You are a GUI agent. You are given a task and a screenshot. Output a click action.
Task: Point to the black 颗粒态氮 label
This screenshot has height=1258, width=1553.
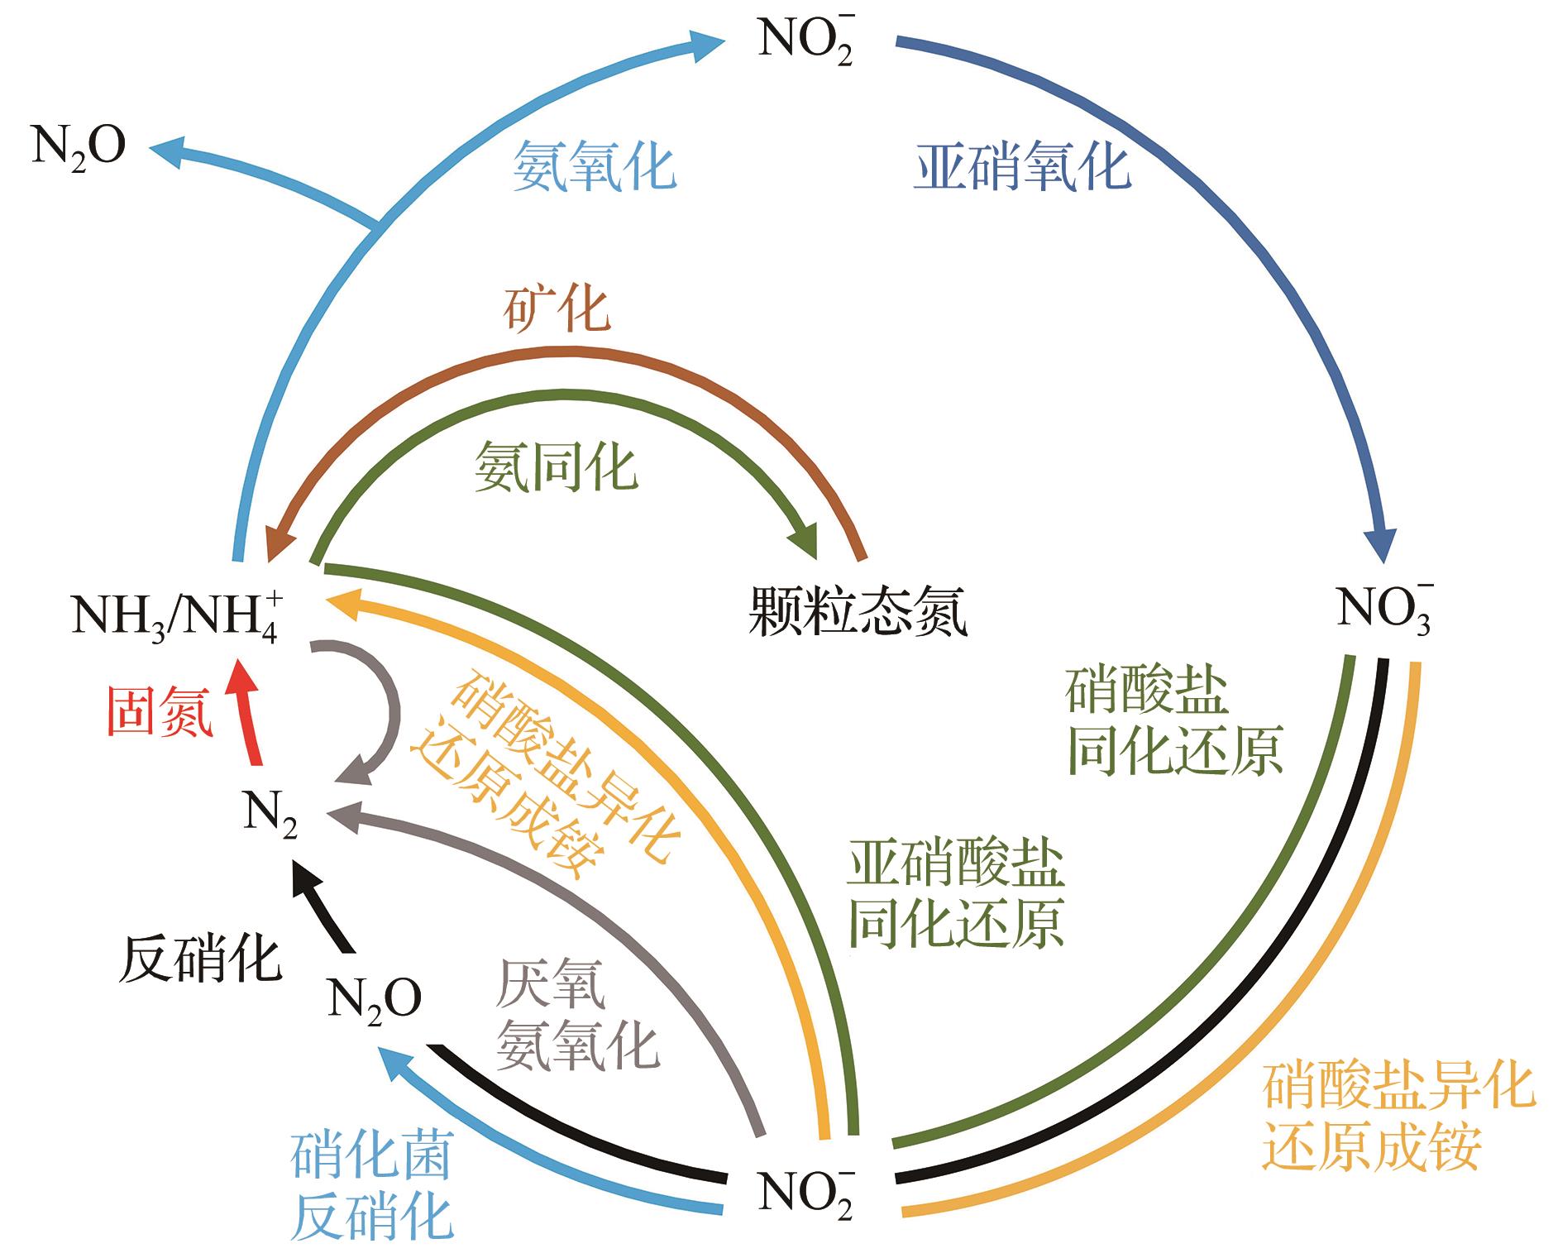857,612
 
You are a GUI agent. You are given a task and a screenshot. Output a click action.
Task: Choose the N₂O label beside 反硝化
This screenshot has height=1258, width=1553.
375,999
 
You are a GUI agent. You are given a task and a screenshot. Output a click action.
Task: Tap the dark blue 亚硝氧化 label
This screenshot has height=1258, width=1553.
1022,166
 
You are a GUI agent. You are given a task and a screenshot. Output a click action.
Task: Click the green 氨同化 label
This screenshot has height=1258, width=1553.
556,467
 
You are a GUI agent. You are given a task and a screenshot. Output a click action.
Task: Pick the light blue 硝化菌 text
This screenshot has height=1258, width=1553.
371,1155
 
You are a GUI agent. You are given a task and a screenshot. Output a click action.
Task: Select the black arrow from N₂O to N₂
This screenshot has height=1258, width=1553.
326,909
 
